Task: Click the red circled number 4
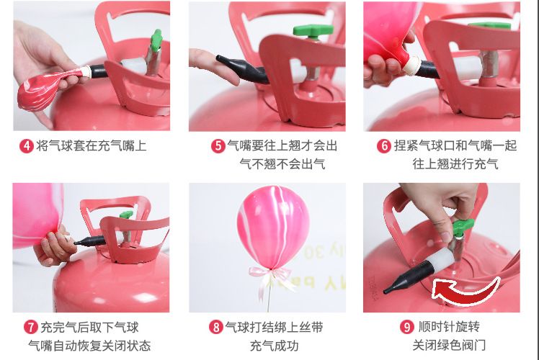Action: [27, 146]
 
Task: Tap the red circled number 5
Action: [218, 146]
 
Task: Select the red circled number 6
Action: [384, 146]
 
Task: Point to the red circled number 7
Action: [31, 327]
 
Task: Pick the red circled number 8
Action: [216, 327]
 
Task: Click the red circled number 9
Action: [406, 327]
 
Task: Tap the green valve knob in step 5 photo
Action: [313, 31]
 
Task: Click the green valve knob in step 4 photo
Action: [157, 40]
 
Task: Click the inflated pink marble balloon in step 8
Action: [273, 227]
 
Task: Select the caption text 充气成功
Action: [274, 346]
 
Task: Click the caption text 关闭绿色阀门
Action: [449, 345]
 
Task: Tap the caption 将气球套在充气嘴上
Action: [91, 146]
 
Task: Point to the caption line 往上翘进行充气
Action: [455, 164]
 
